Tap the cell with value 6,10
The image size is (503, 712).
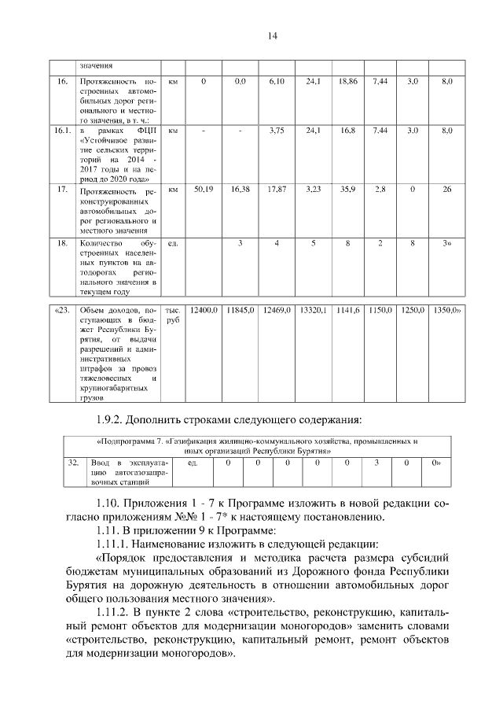pos(275,81)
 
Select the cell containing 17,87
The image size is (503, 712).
pos(275,190)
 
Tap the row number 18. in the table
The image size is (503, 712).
pos(62,244)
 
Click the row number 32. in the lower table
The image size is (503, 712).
pos(72,464)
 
